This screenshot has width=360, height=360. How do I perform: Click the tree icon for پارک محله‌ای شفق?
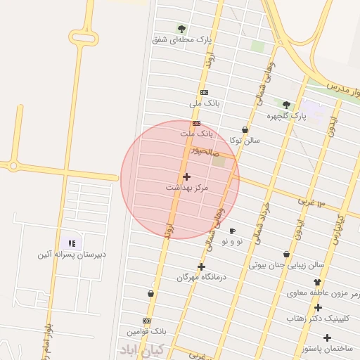181,29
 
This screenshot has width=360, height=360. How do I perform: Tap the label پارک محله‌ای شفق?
181,40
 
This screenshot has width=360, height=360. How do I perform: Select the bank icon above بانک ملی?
204,92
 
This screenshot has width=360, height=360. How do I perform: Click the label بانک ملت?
196,133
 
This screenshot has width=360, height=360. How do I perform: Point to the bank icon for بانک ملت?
196,123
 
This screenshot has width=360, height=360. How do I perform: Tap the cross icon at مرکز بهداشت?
186,176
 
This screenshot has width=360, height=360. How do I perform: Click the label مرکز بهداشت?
187,188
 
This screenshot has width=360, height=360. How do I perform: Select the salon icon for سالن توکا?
245,130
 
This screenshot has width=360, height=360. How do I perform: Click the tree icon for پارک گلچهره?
286,105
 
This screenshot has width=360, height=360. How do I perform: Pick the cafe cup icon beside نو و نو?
232,231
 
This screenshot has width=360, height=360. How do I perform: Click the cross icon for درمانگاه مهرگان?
202,266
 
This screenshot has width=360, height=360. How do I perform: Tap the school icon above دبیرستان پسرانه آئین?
72,243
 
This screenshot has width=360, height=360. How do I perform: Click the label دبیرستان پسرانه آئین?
72,254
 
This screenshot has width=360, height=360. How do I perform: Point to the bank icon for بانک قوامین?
146,321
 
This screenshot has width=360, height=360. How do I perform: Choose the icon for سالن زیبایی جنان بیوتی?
286,255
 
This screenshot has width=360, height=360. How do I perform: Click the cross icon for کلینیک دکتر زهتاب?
318,307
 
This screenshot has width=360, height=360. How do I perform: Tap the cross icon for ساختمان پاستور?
327,337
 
